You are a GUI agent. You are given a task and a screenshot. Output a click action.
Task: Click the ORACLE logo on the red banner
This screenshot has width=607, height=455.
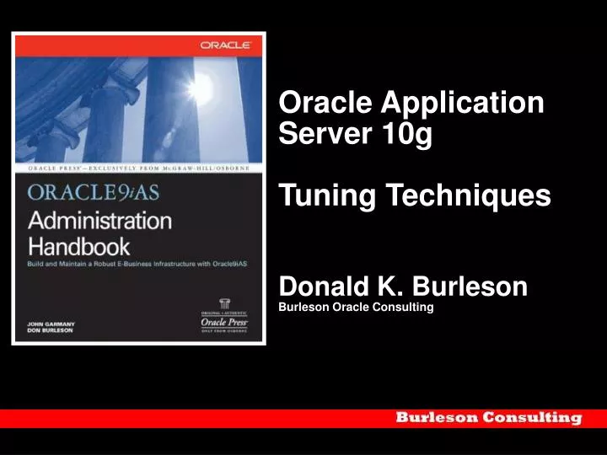(224, 45)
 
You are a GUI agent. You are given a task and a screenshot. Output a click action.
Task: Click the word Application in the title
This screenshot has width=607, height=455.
(463, 103)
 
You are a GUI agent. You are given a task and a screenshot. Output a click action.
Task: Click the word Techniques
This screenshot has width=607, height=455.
(468, 196)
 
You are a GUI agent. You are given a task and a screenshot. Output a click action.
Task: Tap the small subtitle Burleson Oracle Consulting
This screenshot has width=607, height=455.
(356, 307)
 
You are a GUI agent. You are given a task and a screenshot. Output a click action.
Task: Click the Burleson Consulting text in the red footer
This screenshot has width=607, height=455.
(489, 418)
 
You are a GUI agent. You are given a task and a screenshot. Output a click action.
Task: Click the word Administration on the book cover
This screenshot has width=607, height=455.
(100, 221)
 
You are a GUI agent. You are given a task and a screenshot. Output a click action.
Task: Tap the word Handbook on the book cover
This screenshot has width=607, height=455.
(79, 246)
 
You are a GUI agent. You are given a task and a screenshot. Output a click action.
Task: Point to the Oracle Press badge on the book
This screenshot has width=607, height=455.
(223, 317)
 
